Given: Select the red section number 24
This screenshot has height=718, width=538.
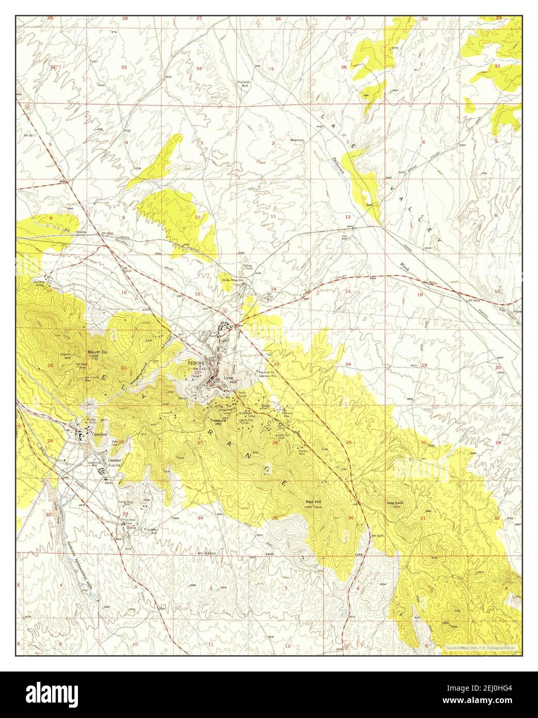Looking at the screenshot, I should tap(348, 365).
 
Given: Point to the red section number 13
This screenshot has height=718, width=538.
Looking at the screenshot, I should tap(347, 291).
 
